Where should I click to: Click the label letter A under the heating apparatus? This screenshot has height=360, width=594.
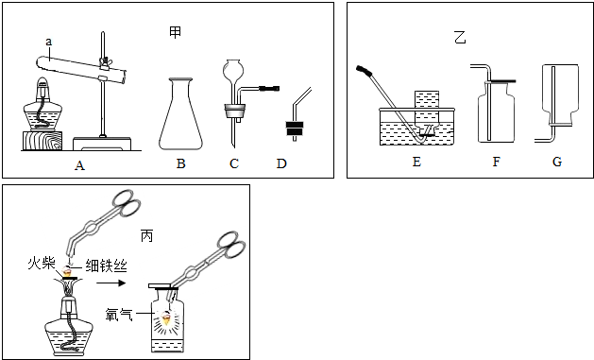click(79, 165)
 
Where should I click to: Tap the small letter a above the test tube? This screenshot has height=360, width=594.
click(48, 42)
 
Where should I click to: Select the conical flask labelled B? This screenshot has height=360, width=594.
click(180, 113)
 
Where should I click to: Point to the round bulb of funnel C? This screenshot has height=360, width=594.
click(232, 69)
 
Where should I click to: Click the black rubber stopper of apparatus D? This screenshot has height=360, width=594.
click(295, 129)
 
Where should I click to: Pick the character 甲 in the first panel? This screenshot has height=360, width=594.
click(175, 32)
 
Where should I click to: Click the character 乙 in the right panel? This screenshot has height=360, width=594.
click(460, 38)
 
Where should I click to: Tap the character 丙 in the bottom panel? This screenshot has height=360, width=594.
click(146, 236)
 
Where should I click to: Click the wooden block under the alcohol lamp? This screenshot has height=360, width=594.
click(42, 141)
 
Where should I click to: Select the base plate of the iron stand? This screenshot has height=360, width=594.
click(102, 144)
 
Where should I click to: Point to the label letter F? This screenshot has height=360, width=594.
click(496, 162)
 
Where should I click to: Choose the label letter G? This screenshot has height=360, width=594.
click(557, 162)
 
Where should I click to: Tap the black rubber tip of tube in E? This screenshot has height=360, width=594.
click(364, 69)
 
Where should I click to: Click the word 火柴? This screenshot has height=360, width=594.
click(42, 263)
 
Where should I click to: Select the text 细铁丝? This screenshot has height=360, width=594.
click(107, 266)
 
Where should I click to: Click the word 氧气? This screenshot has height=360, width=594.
click(119, 314)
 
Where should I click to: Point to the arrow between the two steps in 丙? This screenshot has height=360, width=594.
click(111, 283)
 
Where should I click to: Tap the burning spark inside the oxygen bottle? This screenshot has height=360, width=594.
click(166, 318)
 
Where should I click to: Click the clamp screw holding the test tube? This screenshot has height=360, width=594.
click(102, 61)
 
